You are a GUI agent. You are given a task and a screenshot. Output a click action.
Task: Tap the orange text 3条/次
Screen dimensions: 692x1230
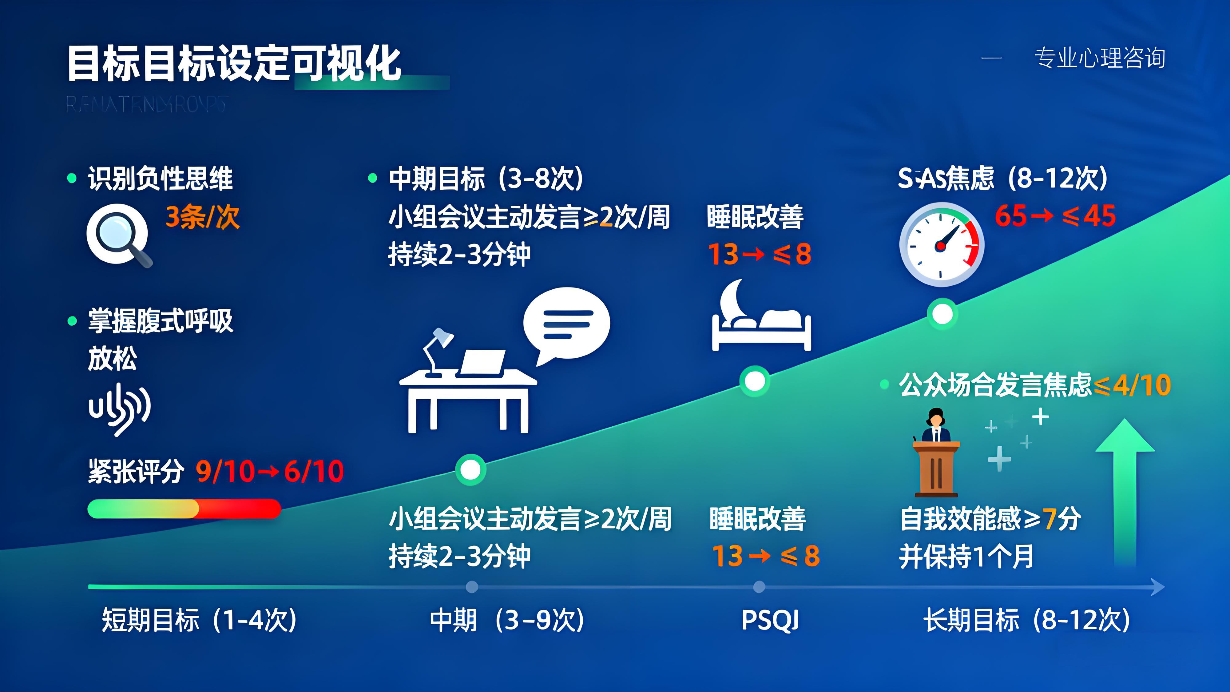(202, 217)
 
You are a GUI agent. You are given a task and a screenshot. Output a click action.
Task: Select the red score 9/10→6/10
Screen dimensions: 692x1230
(270, 471)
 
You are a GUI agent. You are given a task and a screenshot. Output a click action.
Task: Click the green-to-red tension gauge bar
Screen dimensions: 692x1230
(184, 509)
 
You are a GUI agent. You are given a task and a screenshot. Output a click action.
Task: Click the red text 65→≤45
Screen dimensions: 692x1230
(1055, 216)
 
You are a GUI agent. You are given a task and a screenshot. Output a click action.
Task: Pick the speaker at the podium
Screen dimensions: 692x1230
(936, 452)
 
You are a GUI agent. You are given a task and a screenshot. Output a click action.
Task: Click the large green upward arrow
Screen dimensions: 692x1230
(1125, 492)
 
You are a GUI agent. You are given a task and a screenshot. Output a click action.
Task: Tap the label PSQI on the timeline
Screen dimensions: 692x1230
(770, 620)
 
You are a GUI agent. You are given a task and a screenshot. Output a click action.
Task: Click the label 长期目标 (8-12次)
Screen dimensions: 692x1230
(1027, 620)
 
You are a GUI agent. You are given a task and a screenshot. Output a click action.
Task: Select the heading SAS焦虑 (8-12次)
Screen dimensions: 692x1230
(1003, 178)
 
